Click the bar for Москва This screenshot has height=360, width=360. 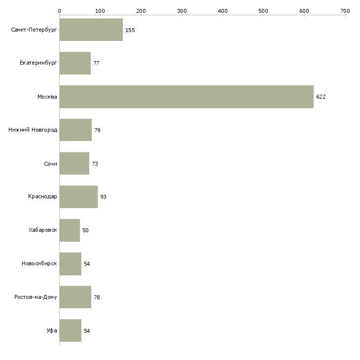click(186, 97)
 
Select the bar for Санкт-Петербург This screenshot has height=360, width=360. click(91, 30)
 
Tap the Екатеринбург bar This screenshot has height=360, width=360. click(75, 63)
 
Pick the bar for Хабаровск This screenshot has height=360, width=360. click(70, 230)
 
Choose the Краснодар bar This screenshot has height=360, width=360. click(78, 197)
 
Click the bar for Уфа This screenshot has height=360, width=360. click(70, 330)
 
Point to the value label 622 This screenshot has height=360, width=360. click(321, 97)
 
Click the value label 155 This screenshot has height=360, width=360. click(130, 30)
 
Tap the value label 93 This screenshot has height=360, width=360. click(103, 197)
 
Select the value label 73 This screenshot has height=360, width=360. click(95, 164)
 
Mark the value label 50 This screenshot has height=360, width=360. click(85, 230)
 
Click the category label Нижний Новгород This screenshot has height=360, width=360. click(33, 130)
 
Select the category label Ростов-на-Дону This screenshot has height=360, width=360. click(36, 297)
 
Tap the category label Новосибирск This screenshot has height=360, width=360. click(39, 264)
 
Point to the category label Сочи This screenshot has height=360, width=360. click(50, 164)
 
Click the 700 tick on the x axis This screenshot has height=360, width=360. click(345, 10)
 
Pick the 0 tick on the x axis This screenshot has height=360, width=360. click(59, 10)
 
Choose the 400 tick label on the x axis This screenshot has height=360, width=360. click(223, 10)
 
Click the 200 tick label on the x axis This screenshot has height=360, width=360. click(141, 10)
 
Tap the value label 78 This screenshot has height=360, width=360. click(97, 297)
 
